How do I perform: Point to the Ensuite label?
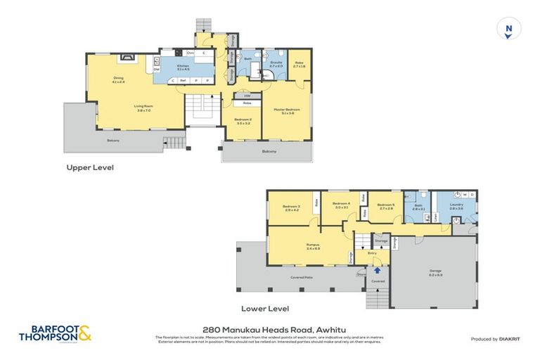coord(276,64)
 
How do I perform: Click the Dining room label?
coord(118,79)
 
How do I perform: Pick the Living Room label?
coord(144,108)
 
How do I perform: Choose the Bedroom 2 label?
coord(243,120)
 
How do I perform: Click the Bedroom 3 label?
coord(292,207)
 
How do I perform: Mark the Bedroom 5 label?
coord(387,207)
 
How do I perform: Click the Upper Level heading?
coord(89,168)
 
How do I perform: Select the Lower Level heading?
coord(265,308)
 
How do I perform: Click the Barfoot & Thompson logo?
coord(59,333)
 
